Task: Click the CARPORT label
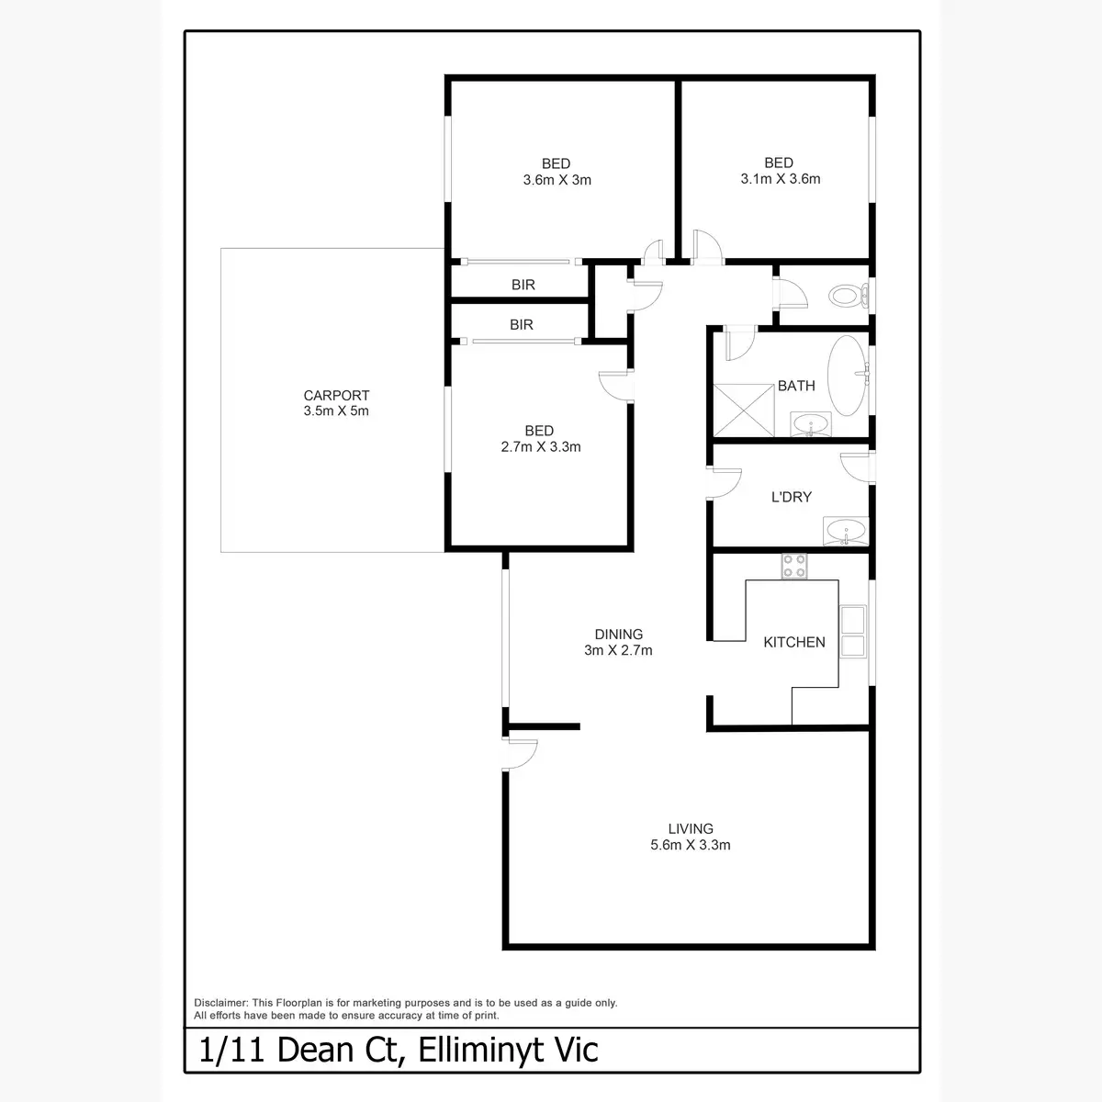(x=336, y=396)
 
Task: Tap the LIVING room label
(x=691, y=828)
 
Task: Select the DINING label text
(x=619, y=634)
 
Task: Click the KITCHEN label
(x=794, y=642)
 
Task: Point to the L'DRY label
(x=791, y=497)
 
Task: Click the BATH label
(x=796, y=386)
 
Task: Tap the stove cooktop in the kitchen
(x=793, y=567)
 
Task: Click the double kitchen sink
(x=854, y=632)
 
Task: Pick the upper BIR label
(x=523, y=285)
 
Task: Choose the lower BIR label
(x=522, y=324)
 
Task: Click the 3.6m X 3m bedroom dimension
(x=557, y=180)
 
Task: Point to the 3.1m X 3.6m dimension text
(x=780, y=179)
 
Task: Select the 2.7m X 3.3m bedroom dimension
(x=539, y=447)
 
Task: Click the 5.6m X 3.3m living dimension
(x=691, y=845)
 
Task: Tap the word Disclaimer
(x=221, y=1003)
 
